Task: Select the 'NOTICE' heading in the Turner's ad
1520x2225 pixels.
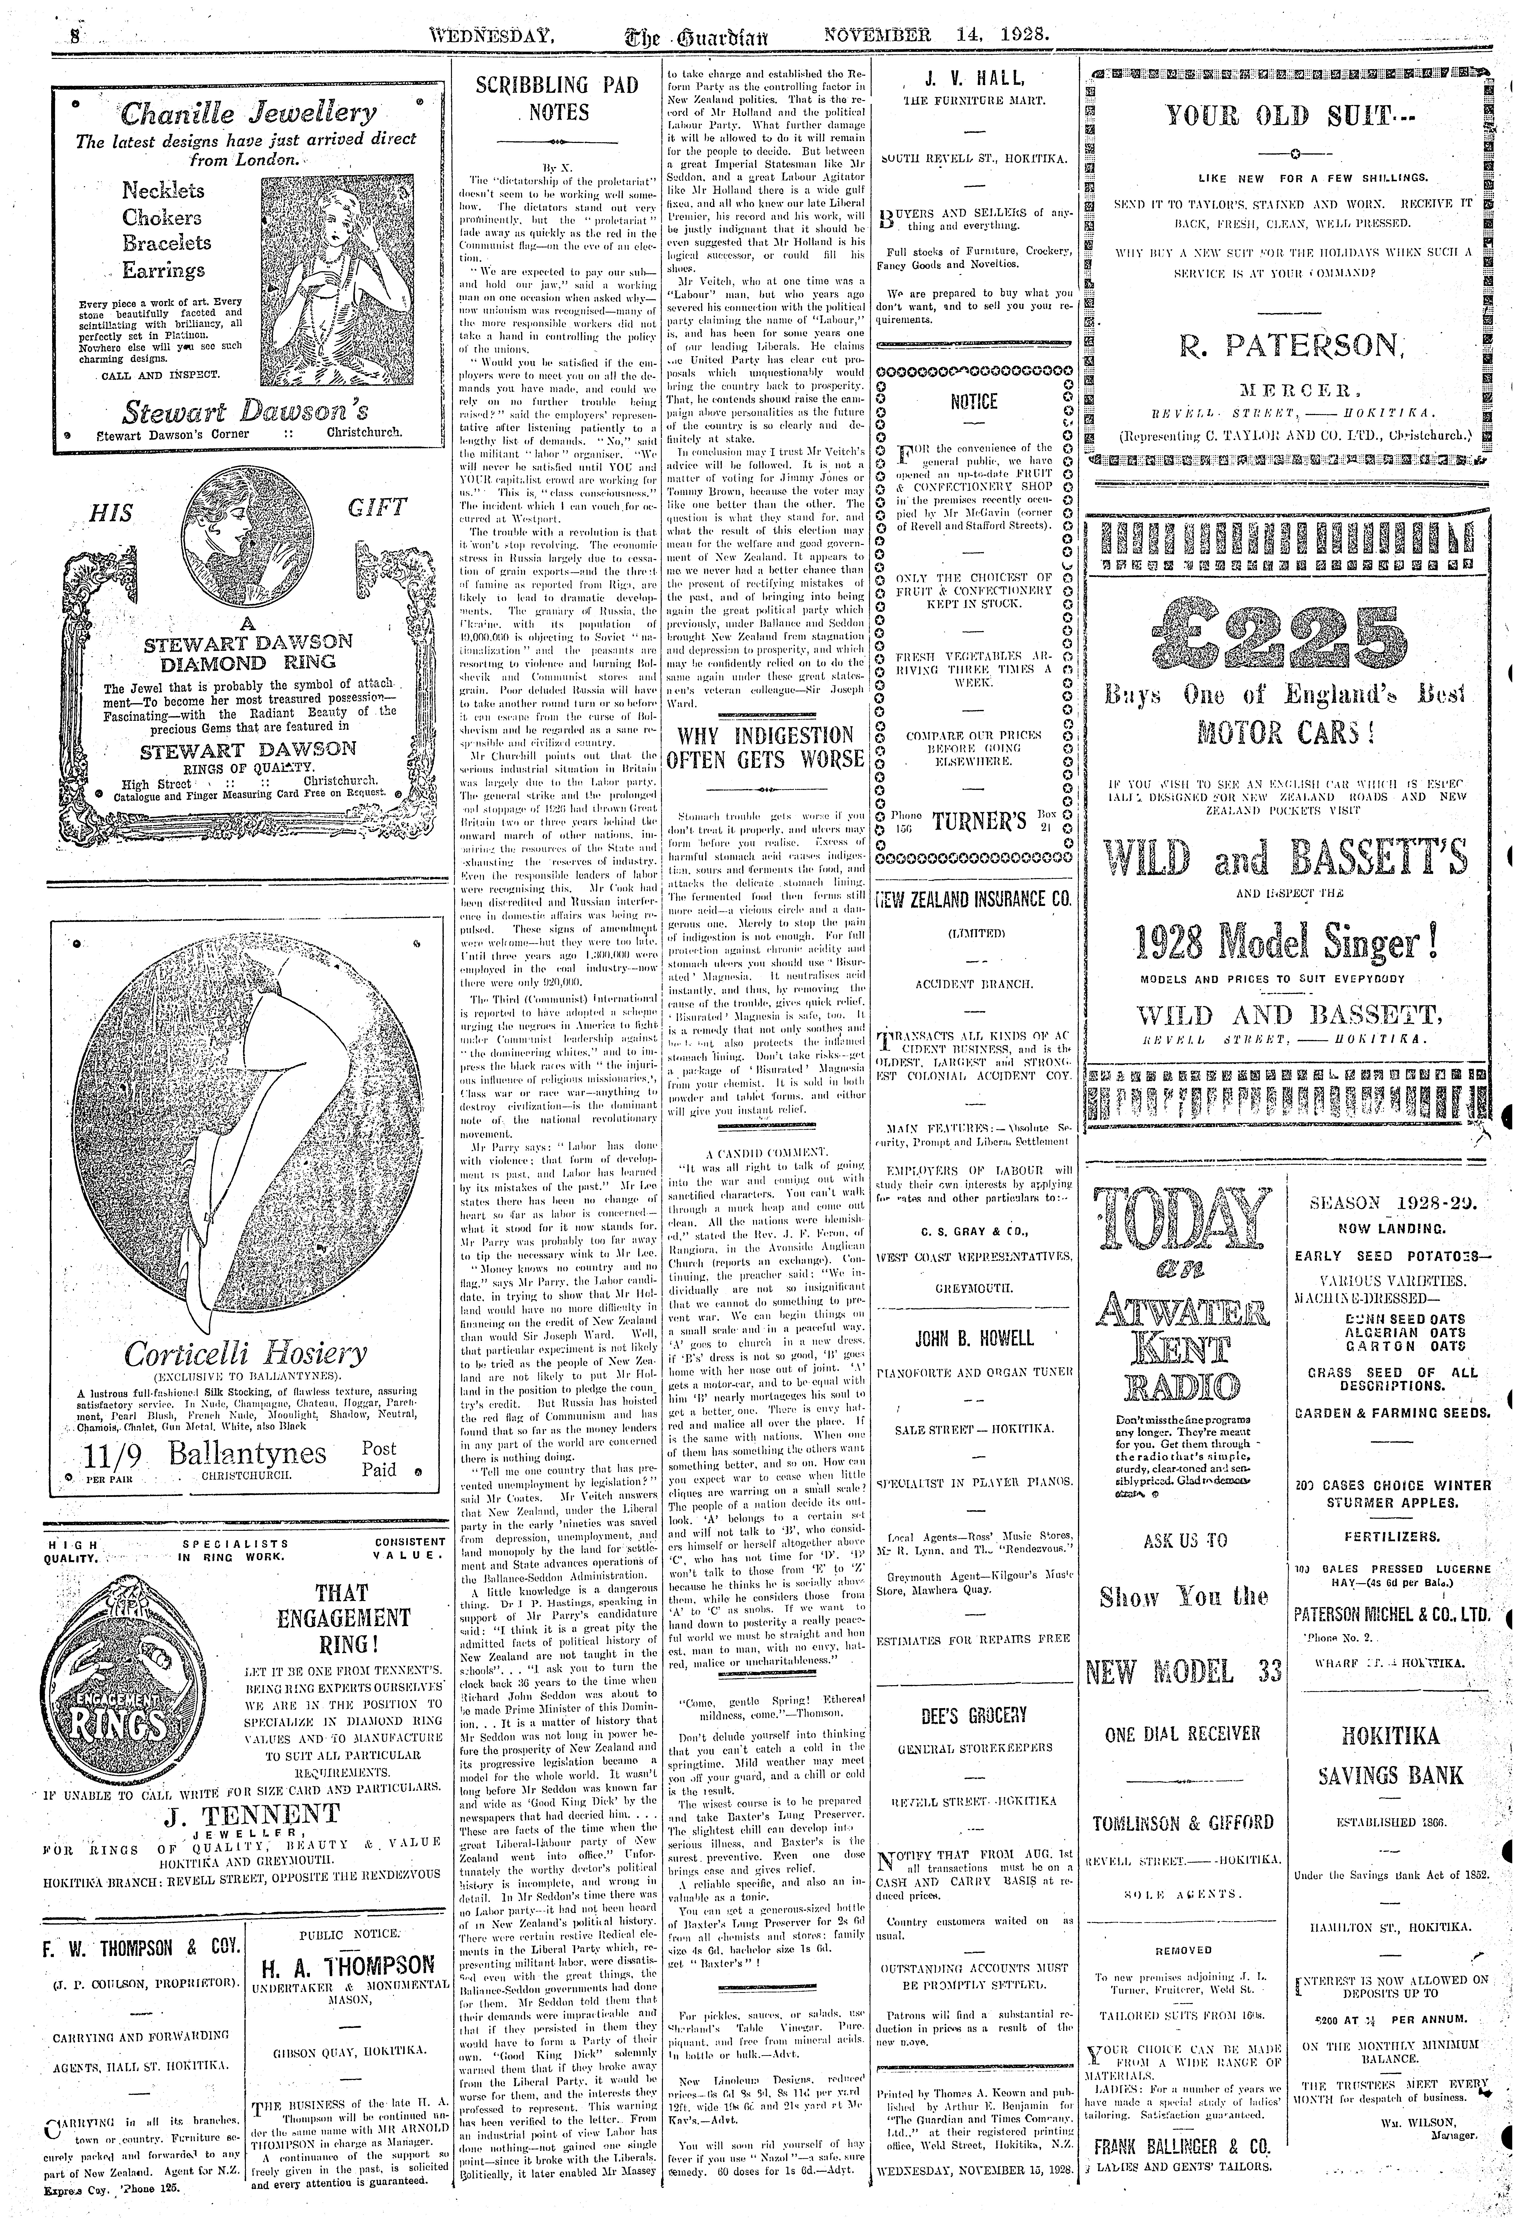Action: point(973,402)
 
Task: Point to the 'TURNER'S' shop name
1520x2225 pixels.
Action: point(973,820)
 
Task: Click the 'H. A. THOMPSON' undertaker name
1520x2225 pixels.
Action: point(348,1966)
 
